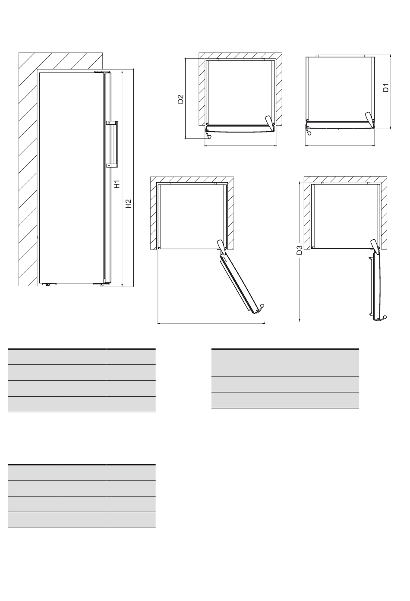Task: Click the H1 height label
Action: point(117,184)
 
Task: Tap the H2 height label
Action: point(129,204)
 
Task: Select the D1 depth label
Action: point(385,88)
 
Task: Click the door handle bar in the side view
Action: point(116,144)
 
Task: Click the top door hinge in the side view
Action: point(102,72)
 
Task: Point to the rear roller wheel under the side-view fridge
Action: point(48,285)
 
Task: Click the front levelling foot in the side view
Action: point(101,285)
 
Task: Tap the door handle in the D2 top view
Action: point(208,133)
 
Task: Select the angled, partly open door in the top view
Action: point(240,281)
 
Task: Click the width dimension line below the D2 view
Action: point(240,146)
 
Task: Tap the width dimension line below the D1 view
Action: point(340,146)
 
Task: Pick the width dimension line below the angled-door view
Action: point(211,323)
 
